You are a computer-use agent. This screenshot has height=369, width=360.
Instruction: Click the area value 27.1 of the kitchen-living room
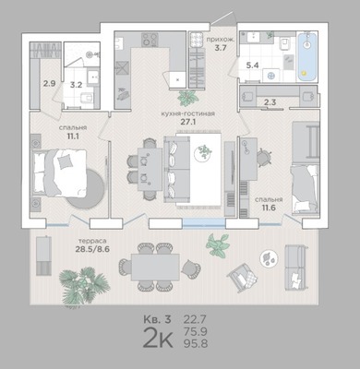(x=187, y=122)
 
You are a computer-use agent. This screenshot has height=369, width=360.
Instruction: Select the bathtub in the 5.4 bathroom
(x=306, y=56)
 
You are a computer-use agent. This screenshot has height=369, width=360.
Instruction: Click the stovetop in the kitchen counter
(x=150, y=40)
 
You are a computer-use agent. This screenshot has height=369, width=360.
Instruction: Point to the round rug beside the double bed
(x=86, y=188)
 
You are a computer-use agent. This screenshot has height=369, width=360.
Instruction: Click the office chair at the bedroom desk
(x=264, y=158)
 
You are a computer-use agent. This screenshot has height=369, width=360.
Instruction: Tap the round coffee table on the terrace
(x=269, y=257)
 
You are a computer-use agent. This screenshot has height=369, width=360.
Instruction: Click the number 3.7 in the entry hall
(x=221, y=48)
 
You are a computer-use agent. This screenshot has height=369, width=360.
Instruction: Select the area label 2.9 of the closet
(x=49, y=83)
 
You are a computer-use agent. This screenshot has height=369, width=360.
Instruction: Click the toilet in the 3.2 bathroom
(x=86, y=98)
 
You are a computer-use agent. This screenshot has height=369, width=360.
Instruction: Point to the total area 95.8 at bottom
(x=196, y=343)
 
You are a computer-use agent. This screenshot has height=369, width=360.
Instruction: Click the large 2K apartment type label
(x=158, y=338)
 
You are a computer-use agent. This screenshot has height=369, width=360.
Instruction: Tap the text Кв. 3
(x=157, y=319)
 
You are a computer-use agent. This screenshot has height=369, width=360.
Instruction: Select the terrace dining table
(x=155, y=268)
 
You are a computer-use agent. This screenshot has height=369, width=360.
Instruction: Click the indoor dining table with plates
(x=150, y=169)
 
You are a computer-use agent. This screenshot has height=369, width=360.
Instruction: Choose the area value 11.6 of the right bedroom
(x=269, y=208)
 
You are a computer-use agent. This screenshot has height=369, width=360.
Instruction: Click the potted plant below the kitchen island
(x=187, y=98)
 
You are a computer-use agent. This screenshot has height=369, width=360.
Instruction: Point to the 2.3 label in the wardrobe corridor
(x=270, y=102)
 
